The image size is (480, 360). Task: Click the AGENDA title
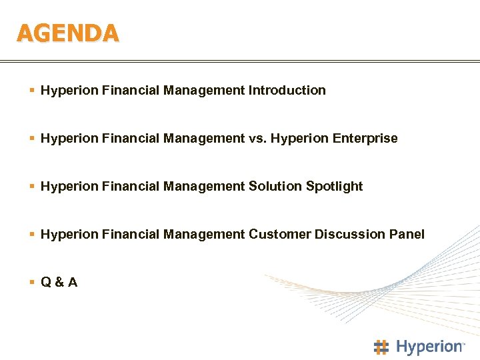point(67,32)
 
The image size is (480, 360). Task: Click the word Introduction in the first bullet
point(287,90)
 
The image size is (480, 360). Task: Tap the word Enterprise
point(365,139)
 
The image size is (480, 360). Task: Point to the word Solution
point(275,186)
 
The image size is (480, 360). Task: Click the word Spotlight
point(334,186)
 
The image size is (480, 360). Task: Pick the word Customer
point(279,234)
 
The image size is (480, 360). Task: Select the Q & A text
point(59,282)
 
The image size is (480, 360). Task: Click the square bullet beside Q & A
point(33,282)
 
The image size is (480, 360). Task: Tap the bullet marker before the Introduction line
point(33,90)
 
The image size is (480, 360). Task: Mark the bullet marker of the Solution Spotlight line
point(33,186)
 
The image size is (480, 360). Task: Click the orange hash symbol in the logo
point(381,347)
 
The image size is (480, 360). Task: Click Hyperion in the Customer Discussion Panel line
point(70,234)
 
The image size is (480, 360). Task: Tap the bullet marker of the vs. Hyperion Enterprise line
point(33,139)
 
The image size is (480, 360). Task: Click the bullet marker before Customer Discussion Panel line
point(33,234)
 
